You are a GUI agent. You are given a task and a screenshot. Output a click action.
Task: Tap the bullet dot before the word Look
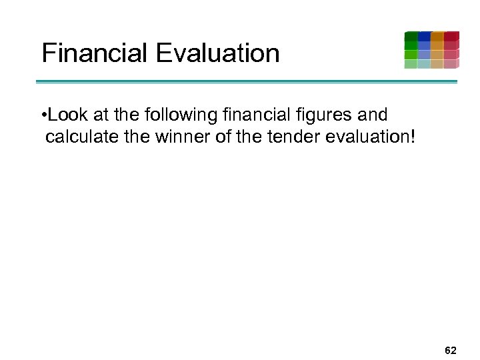tap(43, 115)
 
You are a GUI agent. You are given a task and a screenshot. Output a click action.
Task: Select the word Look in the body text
tap(63, 115)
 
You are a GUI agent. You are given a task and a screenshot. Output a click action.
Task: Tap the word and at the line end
tap(372, 115)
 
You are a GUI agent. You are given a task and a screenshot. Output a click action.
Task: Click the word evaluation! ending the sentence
tap(372, 137)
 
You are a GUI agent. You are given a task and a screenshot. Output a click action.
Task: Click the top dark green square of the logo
tap(411, 36)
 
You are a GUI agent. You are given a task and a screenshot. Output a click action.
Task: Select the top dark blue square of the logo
tap(424, 36)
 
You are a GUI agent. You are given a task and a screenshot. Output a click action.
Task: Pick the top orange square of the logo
tap(437, 36)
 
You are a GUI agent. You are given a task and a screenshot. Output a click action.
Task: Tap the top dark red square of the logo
tap(451, 36)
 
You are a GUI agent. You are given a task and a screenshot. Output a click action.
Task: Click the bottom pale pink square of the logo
tap(451, 64)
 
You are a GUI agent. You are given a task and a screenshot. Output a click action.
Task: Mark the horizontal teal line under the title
tap(247, 82)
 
